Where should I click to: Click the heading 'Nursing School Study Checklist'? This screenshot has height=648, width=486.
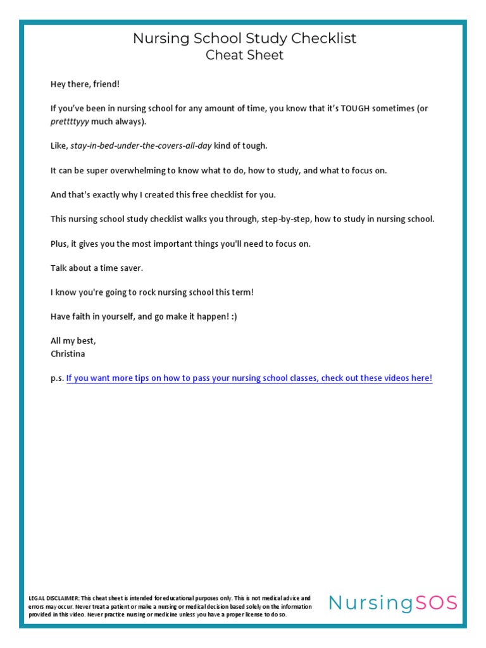point(244,39)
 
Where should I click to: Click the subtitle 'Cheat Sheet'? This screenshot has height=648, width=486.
point(244,55)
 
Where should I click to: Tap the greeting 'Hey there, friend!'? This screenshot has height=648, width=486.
point(85,84)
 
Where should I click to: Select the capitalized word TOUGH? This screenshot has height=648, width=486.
point(358,108)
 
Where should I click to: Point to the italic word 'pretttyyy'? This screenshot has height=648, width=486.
point(68,121)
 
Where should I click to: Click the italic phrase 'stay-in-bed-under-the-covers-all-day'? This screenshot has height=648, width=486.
point(140,146)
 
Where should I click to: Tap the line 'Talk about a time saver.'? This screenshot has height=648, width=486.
point(97,268)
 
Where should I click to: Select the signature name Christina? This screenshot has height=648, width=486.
point(68,354)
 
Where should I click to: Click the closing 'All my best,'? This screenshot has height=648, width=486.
point(73,340)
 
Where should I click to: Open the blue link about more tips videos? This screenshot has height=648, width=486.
point(249,378)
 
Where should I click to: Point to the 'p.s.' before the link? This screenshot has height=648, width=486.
point(57,378)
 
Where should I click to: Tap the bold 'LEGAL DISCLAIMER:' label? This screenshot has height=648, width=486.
point(54,598)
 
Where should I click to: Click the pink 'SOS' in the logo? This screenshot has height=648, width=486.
point(436,603)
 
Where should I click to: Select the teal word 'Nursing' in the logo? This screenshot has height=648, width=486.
point(371,603)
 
